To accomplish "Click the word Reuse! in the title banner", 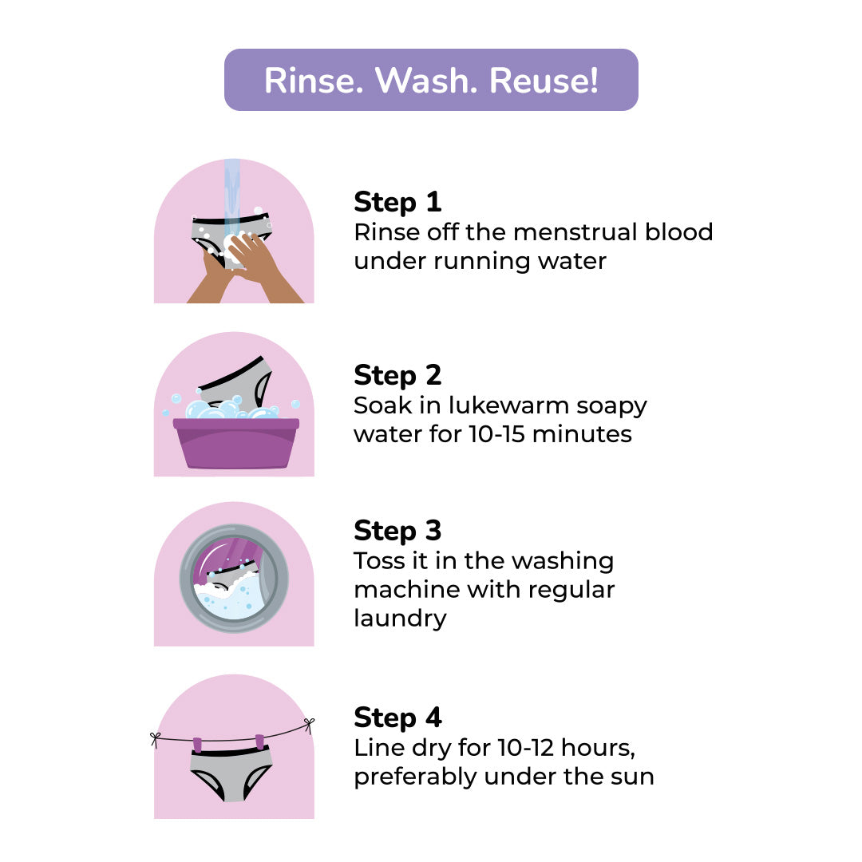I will click(544, 81).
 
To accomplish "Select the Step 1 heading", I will click(397, 202).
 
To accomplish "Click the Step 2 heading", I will click(397, 375).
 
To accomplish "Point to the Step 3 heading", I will click(397, 531).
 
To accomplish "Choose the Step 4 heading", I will click(397, 718).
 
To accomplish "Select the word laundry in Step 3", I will click(400, 618).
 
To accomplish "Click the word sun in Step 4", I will click(631, 776).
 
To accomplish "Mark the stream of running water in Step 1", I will click(232, 192).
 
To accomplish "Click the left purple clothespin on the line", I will click(197, 744).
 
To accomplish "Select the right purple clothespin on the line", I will click(259, 741).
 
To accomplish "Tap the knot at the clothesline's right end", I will click(308, 724).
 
